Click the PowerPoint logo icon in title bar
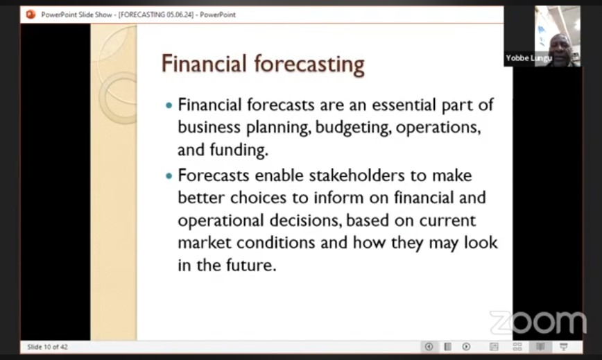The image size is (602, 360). click(31, 15)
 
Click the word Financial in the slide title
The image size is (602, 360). click(204, 63)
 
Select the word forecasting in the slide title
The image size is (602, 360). click(309, 65)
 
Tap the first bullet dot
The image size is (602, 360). click(169, 105)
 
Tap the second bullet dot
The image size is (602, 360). click(169, 176)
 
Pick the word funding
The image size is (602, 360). click(239, 150)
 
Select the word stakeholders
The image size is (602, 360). click(356, 175)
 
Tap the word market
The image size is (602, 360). click(204, 243)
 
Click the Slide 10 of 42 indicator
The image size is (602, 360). click(47, 347)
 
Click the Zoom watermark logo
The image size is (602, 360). click(538, 323)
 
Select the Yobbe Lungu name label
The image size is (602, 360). click(529, 58)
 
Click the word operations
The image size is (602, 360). click(438, 128)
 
